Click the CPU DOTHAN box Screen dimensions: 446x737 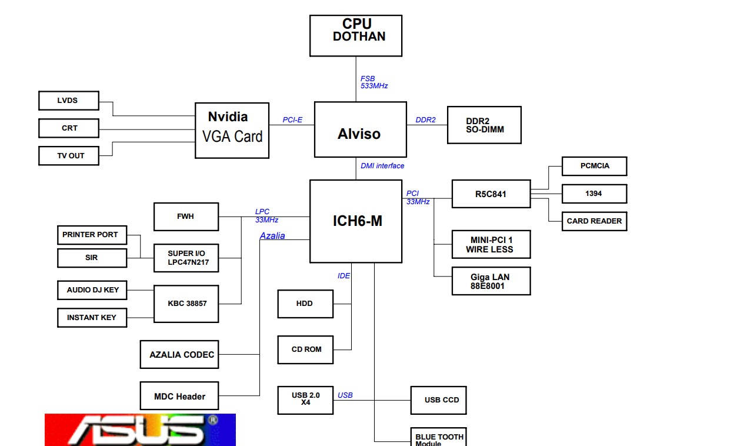coord(356,35)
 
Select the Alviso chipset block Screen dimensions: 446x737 coord(360,129)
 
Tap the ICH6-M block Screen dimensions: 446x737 coord(356,221)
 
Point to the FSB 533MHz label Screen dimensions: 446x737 coord(373,82)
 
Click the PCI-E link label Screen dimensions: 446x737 coord(292,120)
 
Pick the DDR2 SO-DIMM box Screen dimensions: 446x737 coord(484,125)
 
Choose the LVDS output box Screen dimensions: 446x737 coord(68,101)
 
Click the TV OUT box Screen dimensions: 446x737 coord(68,156)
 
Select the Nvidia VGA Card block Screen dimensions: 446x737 coord(232,129)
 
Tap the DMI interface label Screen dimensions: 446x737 coord(382,166)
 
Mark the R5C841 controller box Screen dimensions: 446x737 coord(491,194)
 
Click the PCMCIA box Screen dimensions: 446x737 coord(594,166)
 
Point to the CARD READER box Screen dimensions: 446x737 coord(594,221)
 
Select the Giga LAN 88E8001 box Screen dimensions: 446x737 coord(491,281)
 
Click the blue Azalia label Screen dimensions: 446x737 coord(272,236)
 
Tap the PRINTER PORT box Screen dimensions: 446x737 coord(91,235)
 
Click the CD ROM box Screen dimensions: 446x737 coord(306,350)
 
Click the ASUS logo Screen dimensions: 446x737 coord(140,430)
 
